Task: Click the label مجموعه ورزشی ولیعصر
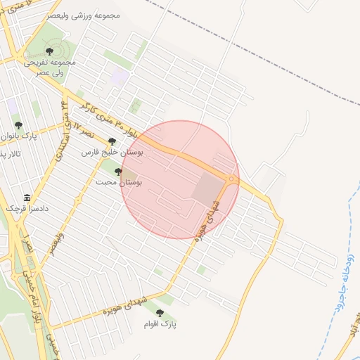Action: [84, 15]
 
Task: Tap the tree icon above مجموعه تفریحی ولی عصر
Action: [49, 51]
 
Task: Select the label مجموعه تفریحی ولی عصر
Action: [53, 67]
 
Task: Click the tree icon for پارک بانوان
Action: [18, 125]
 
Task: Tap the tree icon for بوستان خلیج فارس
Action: [112, 141]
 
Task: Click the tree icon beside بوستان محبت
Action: [118, 172]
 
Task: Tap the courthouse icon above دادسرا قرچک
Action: [27, 198]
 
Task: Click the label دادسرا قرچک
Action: [25, 208]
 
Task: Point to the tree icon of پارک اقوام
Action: [160, 314]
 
